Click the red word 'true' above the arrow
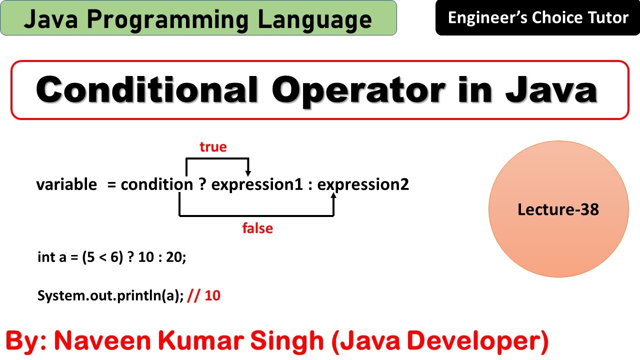(x=213, y=147)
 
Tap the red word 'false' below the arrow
(x=257, y=228)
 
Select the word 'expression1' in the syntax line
(x=257, y=185)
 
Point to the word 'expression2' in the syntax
(x=363, y=185)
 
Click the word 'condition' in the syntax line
(x=156, y=185)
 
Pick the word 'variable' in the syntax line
(x=66, y=185)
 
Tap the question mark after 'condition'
(x=202, y=185)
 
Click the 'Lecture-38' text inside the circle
(x=558, y=209)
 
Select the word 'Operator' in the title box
(x=358, y=90)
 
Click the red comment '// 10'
(x=204, y=295)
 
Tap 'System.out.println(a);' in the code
(x=110, y=295)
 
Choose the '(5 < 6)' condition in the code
(x=103, y=258)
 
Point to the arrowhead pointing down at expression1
(x=248, y=173)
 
